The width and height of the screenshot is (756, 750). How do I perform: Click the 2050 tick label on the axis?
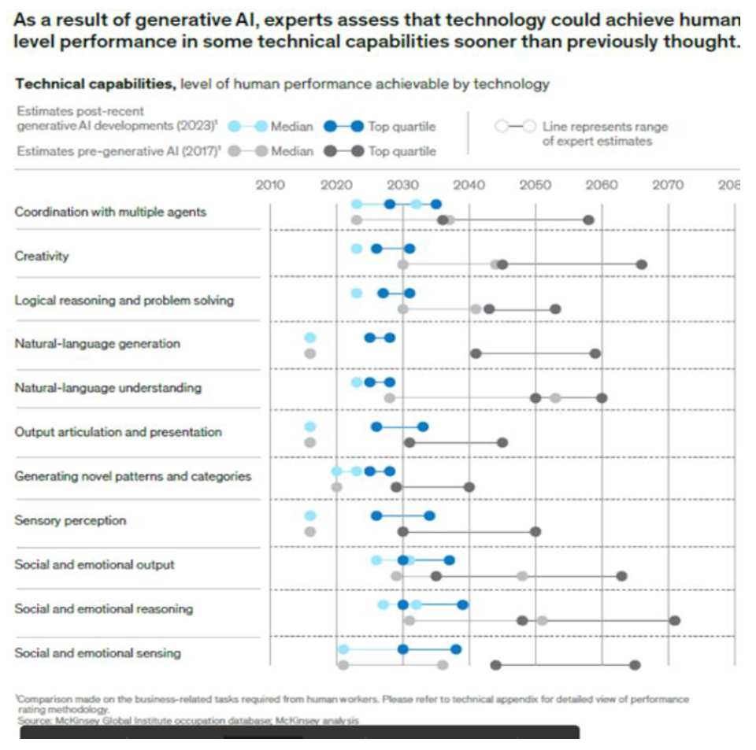pos(535,186)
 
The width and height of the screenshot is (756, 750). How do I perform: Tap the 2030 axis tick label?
pos(402,186)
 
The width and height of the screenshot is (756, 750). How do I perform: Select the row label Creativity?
pos(42,256)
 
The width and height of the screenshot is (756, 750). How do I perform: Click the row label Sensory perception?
pos(70,520)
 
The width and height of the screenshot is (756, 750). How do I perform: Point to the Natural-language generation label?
pos(97,344)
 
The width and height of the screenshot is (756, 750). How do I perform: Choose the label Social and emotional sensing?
pos(98,652)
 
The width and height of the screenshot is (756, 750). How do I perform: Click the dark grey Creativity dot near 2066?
pos(642,264)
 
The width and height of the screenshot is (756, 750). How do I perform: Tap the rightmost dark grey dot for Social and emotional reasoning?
pos(675,620)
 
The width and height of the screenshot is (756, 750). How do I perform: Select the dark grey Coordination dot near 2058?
pos(588,220)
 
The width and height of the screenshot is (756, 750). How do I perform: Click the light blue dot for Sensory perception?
pos(309,515)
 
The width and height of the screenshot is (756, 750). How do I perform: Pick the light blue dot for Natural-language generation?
pos(309,338)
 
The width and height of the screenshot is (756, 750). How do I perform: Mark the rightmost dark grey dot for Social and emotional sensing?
pos(635,665)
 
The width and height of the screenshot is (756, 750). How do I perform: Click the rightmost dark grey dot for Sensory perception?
pos(535,531)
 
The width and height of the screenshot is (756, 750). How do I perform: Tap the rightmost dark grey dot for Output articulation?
pos(502,442)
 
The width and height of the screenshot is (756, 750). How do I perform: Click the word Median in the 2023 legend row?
pos(291,127)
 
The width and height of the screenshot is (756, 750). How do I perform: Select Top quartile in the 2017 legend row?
pos(402,151)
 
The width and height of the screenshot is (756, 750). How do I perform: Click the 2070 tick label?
pos(669,186)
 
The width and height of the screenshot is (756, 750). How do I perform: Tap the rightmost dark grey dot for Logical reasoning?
pos(555,308)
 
